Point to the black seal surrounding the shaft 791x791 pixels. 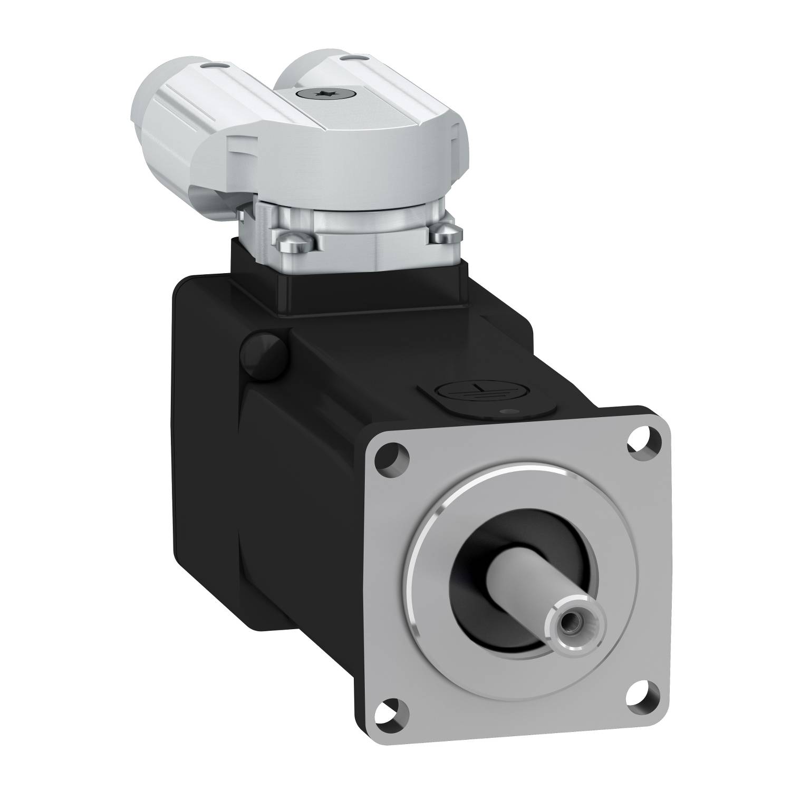(x=475, y=606)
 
